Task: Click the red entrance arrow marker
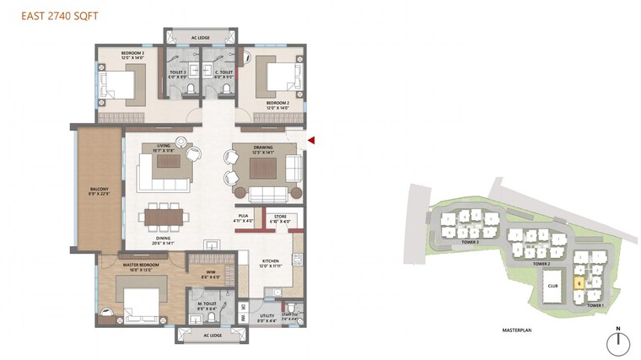point(312,141)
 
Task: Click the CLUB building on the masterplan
point(553,286)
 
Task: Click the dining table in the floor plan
point(164,218)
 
